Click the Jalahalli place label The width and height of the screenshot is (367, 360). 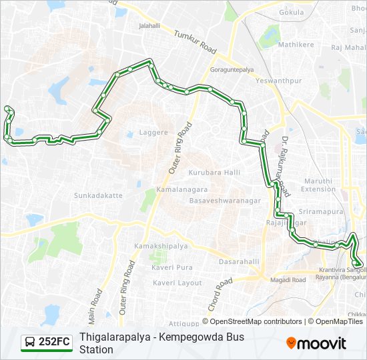point(149,26)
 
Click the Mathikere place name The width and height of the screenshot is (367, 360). point(277,45)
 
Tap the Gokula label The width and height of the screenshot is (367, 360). point(291,13)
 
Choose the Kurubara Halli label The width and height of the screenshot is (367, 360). point(214,173)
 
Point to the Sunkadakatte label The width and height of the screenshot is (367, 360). point(98,196)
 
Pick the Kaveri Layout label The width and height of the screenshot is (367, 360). point(177,283)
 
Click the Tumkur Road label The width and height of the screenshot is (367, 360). point(196,42)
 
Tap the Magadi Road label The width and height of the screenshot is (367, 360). point(288,280)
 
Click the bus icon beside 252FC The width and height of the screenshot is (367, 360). point(30,342)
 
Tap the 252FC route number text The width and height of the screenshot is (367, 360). point(54,342)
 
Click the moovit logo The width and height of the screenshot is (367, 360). point(316,343)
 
